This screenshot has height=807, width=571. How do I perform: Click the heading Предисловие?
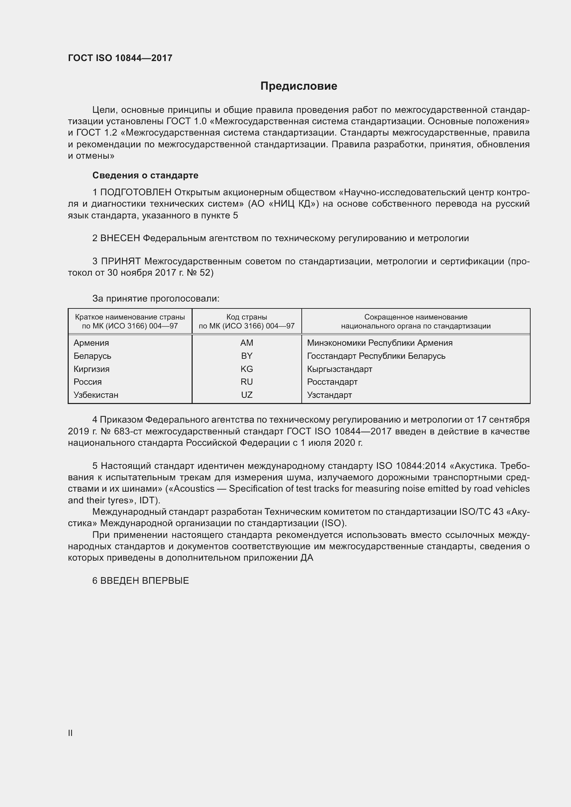tap(299, 86)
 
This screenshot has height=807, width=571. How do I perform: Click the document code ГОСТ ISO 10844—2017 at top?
tap(120, 58)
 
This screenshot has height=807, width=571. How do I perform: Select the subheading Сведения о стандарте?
tap(145, 175)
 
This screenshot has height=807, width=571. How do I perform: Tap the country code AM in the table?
tap(246, 343)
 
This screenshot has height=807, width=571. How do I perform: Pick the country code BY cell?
tap(246, 356)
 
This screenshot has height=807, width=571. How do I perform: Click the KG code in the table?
tap(246, 369)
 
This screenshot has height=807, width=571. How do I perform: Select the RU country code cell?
tap(246, 382)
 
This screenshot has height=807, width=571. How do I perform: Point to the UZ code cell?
tap(246, 395)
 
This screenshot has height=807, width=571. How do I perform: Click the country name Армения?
tap(91, 343)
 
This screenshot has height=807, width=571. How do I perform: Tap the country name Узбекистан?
tap(96, 395)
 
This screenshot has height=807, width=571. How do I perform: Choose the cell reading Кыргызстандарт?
tap(339, 369)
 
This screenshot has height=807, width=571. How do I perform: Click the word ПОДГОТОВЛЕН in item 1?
tap(136, 192)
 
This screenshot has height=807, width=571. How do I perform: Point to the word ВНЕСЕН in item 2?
tap(120, 238)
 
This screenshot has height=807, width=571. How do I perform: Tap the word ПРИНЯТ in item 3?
tap(120, 261)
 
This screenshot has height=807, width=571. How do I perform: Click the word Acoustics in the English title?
tap(194, 489)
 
